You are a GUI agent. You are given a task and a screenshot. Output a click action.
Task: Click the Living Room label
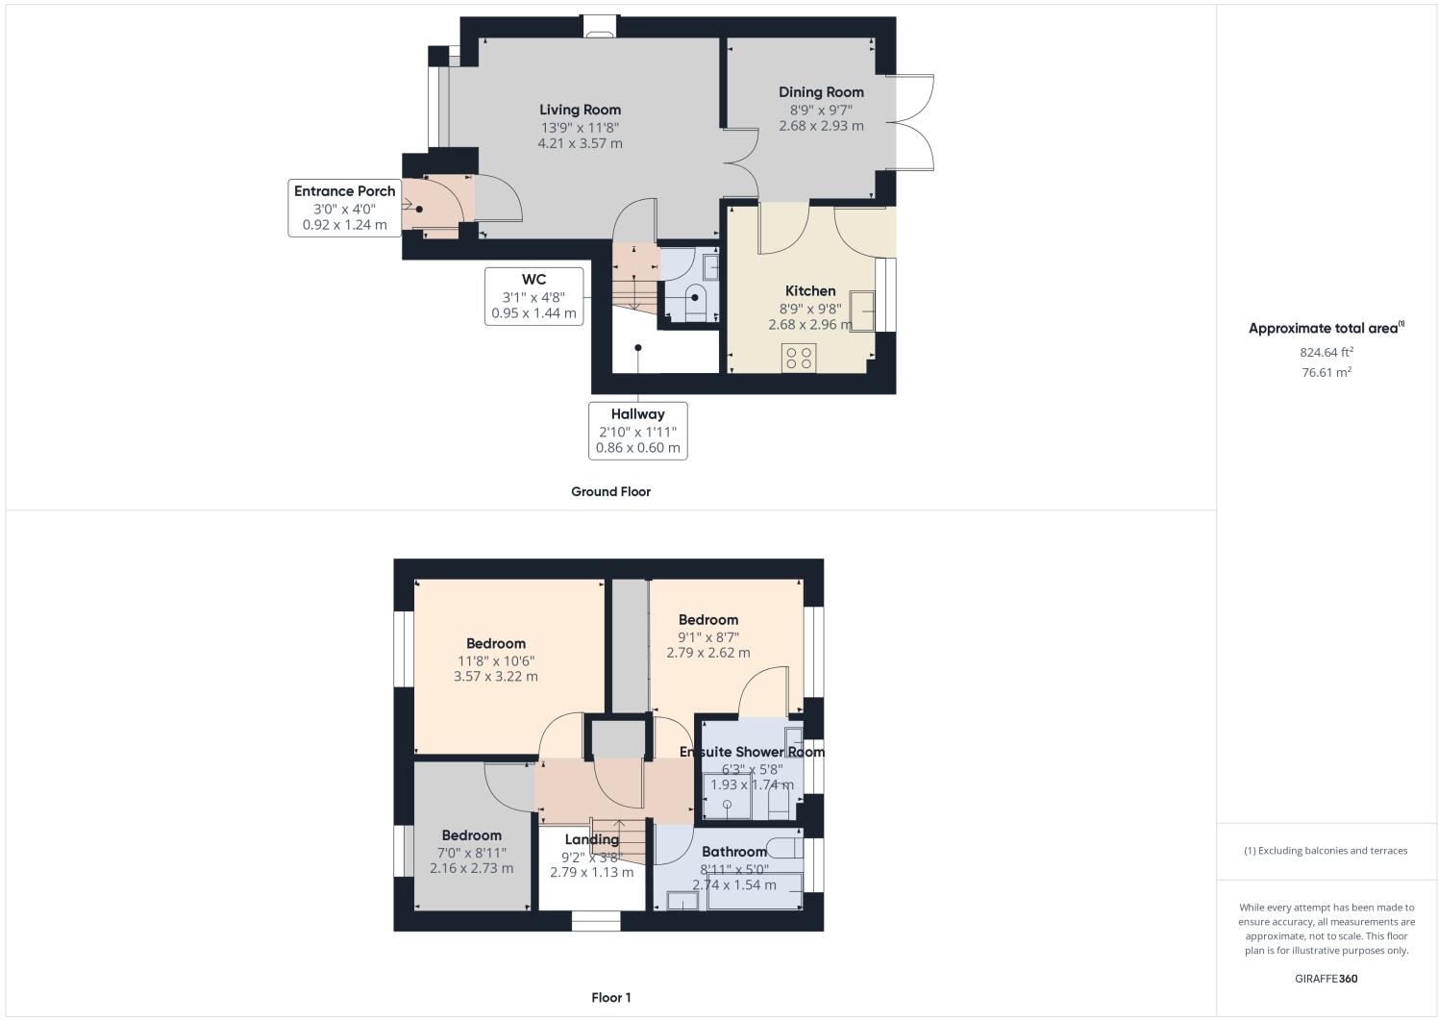pyautogui.click(x=580, y=110)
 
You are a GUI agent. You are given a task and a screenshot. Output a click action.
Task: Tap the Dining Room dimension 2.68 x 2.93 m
pyautogui.click(x=820, y=126)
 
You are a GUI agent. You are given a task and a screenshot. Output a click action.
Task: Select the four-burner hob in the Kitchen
pyautogui.click(x=799, y=358)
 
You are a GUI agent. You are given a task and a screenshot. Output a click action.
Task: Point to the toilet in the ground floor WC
pyautogui.click(x=696, y=301)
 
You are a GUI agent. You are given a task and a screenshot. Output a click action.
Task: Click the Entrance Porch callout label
pyautogui.click(x=344, y=191)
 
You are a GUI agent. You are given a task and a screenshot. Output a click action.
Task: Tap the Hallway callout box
pyautogui.click(x=637, y=430)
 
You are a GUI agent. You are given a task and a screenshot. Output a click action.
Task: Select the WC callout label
pyautogui.click(x=533, y=280)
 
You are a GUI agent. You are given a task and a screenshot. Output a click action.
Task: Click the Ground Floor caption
pyautogui.click(x=610, y=491)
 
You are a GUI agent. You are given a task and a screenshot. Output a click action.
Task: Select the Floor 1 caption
pyautogui.click(x=610, y=998)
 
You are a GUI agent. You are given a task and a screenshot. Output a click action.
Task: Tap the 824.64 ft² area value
pyautogui.click(x=1326, y=352)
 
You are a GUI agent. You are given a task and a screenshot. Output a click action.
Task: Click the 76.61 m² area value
pyautogui.click(x=1326, y=373)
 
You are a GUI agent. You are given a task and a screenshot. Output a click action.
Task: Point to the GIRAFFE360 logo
pyautogui.click(x=1326, y=980)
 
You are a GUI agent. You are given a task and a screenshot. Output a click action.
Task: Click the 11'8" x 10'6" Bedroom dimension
pyautogui.click(x=495, y=660)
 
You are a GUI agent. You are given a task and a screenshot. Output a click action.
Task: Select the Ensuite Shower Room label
pyautogui.click(x=752, y=752)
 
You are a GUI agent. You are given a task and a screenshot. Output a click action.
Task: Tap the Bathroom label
pyautogui.click(x=733, y=852)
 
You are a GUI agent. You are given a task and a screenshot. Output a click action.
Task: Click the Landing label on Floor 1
pyautogui.click(x=591, y=839)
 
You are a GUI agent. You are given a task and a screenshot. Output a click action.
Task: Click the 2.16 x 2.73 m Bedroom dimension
pyautogui.click(x=471, y=868)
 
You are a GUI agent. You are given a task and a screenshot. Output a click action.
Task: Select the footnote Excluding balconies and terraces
pyautogui.click(x=1326, y=851)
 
